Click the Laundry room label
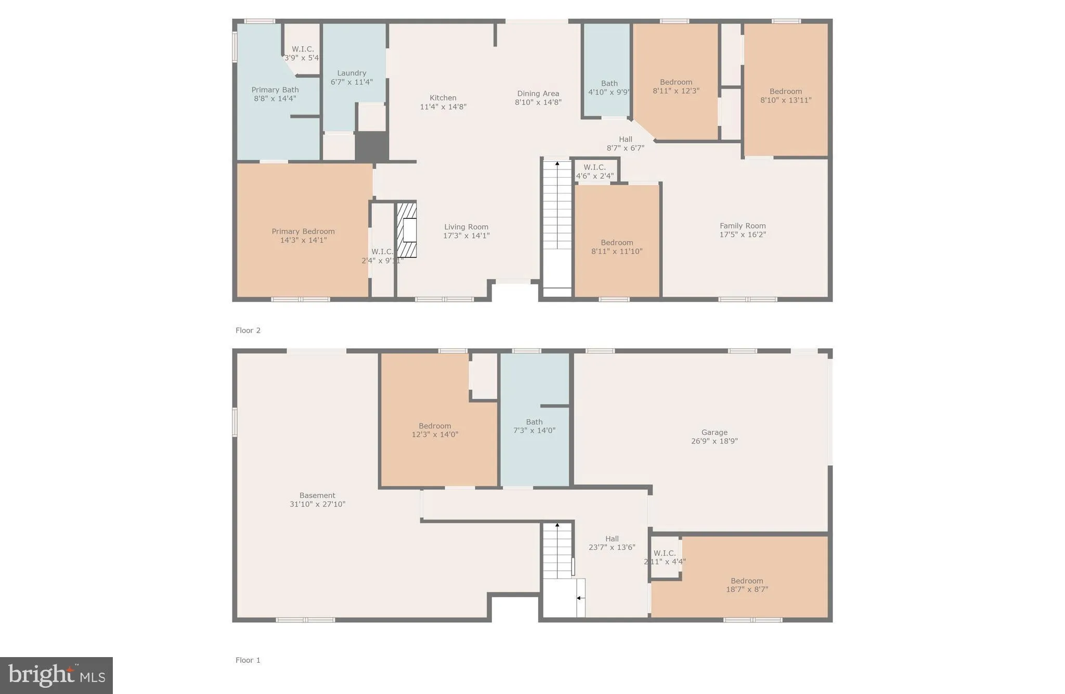(x=352, y=73)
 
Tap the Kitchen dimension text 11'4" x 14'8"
(x=443, y=107)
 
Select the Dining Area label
(x=538, y=94)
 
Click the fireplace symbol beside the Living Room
(x=407, y=230)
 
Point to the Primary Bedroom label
(x=303, y=231)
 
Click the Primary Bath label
(x=275, y=90)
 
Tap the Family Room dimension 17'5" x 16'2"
(x=743, y=234)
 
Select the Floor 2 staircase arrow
(x=557, y=164)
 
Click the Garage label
(x=714, y=432)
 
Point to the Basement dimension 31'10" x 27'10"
(x=317, y=504)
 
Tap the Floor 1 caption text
(x=248, y=660)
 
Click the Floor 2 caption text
(x=248, y=331)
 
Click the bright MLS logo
(x=56, y=675)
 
